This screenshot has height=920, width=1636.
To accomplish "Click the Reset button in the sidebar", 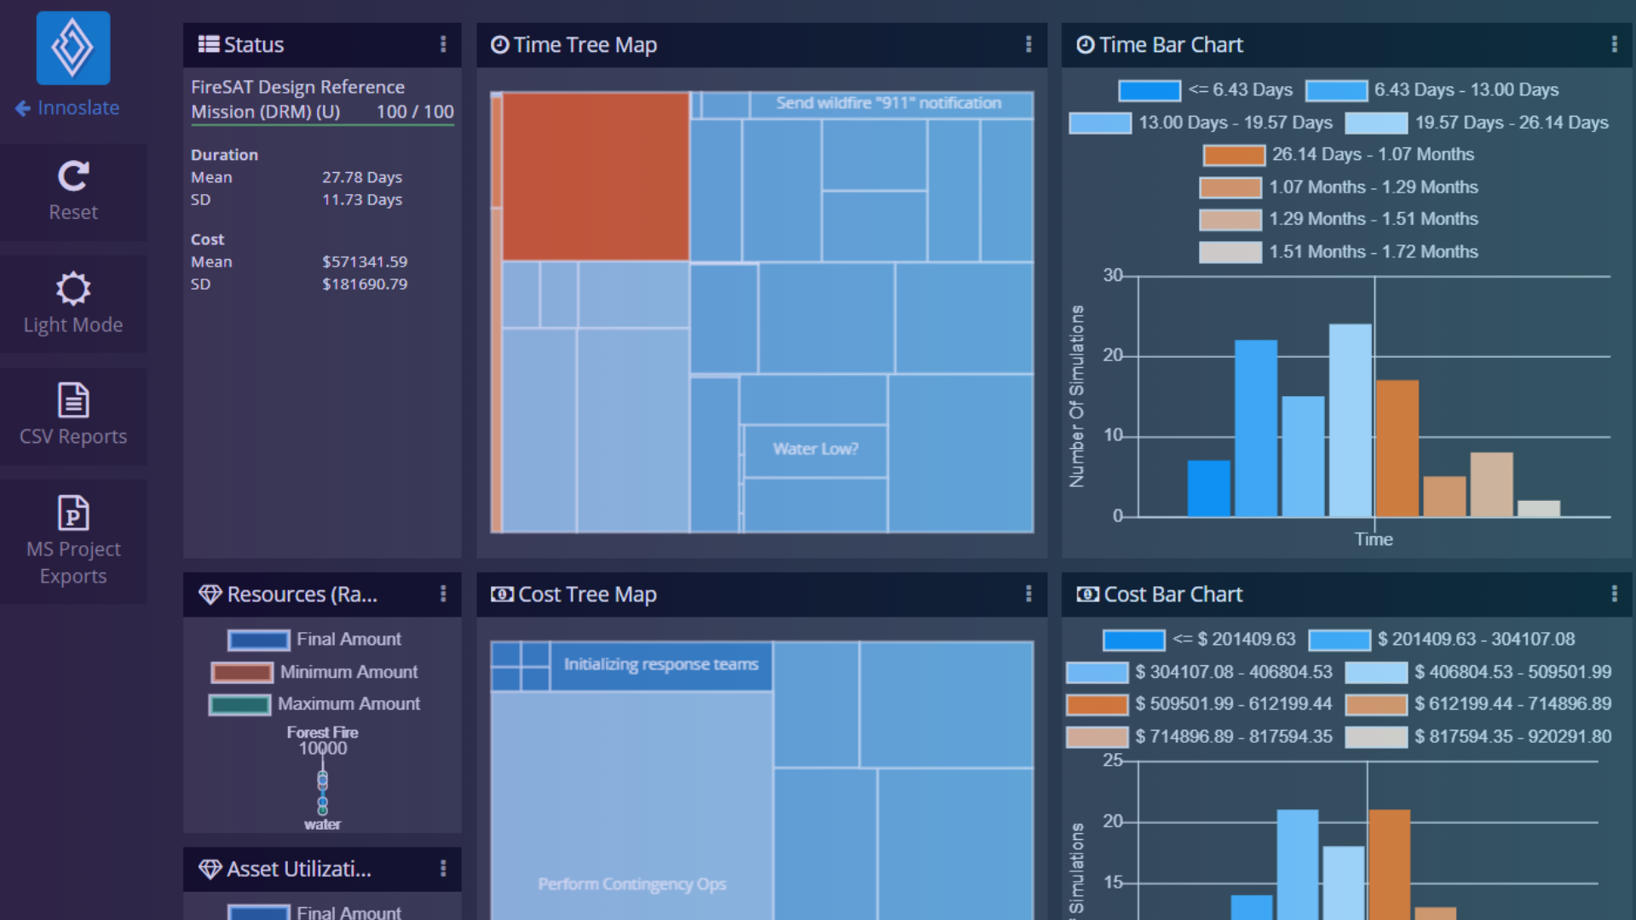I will point(73,192).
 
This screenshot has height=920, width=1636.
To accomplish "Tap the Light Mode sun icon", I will point(73,289).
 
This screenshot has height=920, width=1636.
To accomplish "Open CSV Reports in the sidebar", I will point(73,416).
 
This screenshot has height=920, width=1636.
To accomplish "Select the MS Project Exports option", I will point(73,540).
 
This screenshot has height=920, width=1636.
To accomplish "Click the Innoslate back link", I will point(67,108).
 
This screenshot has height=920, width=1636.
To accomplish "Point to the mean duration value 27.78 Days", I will point(361,177).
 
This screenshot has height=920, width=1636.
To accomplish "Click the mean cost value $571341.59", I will point(364,262).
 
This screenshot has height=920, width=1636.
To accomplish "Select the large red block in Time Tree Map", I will point(595,175).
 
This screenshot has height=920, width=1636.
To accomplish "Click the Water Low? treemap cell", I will point(815,449).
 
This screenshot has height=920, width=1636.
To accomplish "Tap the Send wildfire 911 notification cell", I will point(889,103).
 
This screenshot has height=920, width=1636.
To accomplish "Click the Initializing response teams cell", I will point(660,664).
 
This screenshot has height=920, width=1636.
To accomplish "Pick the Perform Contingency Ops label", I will point(631,884).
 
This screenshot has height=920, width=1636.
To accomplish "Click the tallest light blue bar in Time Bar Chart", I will point(1350,419).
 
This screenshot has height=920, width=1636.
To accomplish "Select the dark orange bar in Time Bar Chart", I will point(1397,448).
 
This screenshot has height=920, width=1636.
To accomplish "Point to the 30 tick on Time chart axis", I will point(1113,275).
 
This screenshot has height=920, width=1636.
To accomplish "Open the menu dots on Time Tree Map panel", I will point(1028,44).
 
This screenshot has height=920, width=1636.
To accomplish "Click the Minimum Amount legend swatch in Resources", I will point(242,672).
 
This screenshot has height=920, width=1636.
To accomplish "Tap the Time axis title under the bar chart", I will point(1374,539).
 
